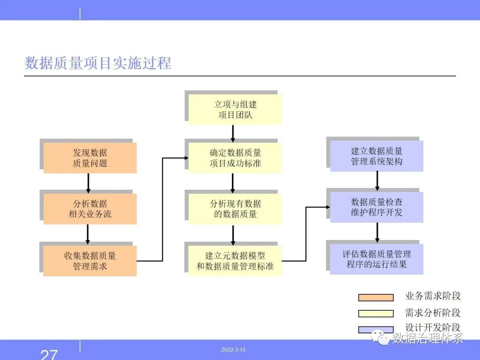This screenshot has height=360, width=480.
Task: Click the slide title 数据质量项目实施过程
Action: tap(98, 63)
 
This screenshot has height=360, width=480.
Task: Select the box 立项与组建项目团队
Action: tap(235, 109)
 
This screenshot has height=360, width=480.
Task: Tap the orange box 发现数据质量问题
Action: tap(90, 158)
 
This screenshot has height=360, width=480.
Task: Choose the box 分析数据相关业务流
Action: tap(90, 209)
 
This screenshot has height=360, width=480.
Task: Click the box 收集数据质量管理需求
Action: tap(90, 261)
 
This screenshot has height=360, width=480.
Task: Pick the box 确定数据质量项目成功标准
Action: tap(235, 158)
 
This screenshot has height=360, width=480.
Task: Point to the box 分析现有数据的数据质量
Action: tap(235, 209)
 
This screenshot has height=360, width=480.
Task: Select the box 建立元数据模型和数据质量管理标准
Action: tap(235, 261)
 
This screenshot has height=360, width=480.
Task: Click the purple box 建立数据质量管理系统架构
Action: tap(376, 156)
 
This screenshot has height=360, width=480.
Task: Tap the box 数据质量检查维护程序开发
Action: tap(376, 207)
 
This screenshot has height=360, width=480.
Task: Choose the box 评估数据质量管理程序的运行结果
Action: tap(376, 259)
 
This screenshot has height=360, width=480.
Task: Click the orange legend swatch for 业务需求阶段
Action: tap(376, 297)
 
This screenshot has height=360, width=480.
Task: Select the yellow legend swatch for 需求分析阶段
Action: tap(376, 313)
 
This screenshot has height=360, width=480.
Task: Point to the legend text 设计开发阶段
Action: tap(433, 327)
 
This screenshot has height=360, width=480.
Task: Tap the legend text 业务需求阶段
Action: tap(433, 296)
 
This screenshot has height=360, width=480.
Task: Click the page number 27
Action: tap(49, 355)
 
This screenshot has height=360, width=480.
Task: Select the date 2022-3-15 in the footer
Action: tap(233, 350)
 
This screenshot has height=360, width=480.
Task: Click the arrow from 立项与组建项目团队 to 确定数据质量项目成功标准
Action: tap(233, 133)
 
